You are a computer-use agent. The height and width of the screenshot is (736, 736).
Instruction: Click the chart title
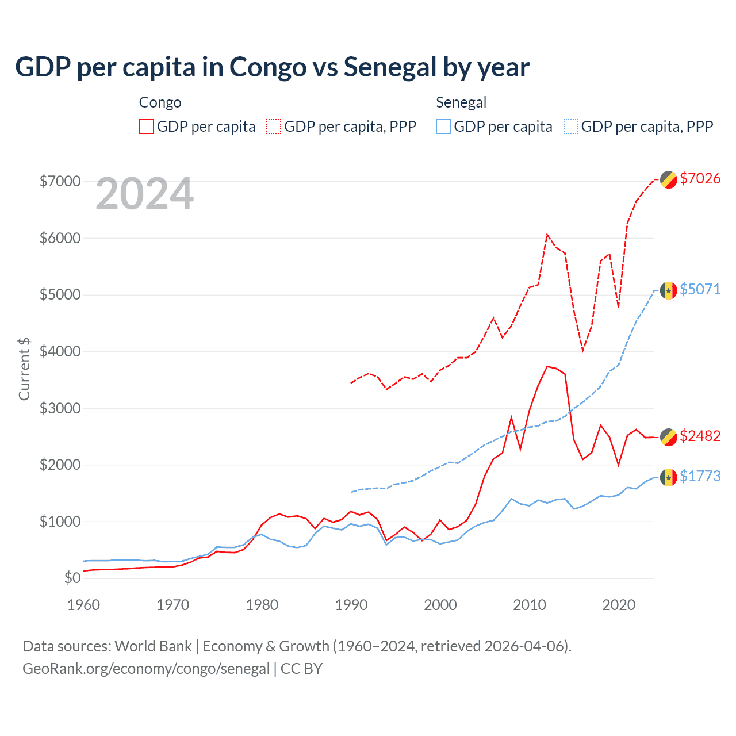click(272, 67)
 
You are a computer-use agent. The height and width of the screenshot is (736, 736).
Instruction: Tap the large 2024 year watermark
click(144, 194)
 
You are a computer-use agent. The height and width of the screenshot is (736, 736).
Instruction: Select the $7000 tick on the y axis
click(60, 181)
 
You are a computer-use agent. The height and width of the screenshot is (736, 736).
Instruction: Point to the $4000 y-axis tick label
click(60, 351)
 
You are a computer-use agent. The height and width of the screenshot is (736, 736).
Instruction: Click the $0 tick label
click(72, 578)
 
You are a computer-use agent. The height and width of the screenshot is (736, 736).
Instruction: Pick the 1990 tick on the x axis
click(351, 605)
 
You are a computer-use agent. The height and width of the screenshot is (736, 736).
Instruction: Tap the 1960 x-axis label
click(84, 605)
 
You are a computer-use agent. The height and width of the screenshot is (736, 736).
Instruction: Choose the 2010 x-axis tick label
click(529, 605)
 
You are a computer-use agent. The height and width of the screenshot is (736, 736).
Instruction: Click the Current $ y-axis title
click(24, 369)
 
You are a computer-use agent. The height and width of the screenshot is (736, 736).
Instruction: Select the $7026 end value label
click(700, 178)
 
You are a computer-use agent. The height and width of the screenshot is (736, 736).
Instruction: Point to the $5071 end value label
click(700, 289)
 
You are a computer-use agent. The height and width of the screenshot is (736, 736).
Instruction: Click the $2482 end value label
click(700, 436)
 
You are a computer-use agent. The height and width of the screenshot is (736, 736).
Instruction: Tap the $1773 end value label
click(700, 476)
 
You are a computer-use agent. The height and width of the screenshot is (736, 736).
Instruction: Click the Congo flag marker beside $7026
click(668, 179)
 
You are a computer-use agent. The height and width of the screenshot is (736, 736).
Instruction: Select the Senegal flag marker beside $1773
click(668, 477)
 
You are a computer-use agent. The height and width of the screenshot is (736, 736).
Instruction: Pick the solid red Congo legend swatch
click(147, 126)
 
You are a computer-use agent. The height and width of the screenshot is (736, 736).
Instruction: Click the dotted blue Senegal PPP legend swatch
click(571, 126)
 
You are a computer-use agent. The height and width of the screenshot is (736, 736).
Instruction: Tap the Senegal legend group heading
click(461, 102)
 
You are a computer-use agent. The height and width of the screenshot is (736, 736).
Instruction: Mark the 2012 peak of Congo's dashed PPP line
click(547, 234)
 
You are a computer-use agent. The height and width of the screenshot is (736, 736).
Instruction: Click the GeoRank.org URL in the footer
click(146, 669)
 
